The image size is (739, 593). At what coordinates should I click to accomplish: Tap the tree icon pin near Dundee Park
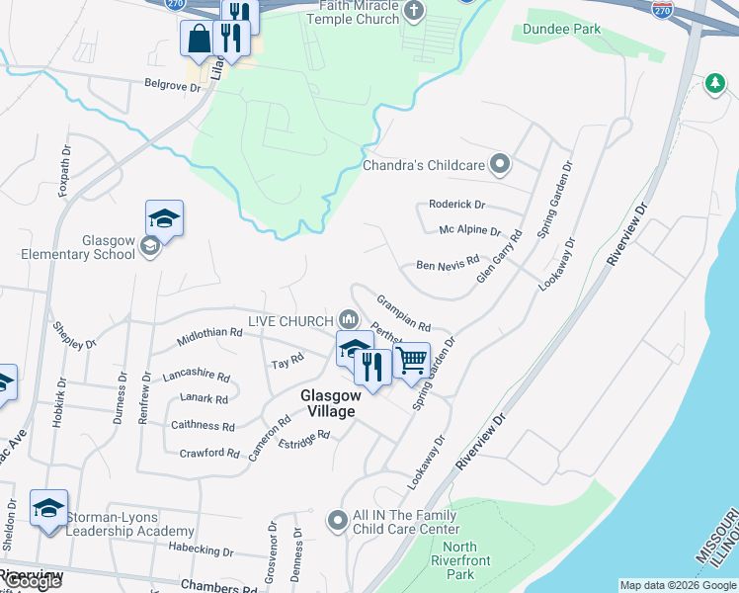pos(714,85)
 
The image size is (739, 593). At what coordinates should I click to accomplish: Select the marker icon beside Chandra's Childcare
pos(500,164)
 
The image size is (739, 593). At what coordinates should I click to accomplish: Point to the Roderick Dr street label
pos(456,205)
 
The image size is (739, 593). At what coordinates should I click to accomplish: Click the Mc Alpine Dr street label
pos(469,230)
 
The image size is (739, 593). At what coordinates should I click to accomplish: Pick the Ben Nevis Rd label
pos(447,266)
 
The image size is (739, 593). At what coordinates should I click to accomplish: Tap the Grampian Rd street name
pos(403,312)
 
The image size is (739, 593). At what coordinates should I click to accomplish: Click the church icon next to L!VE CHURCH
pos(348,319)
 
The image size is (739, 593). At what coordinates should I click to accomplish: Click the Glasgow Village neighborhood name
pos(336,402)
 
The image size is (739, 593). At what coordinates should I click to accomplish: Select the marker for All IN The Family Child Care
pos(338,519)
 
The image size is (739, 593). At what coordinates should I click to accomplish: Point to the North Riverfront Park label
pos(460,560)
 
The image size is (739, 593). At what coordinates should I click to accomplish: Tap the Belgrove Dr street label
pos(172,86)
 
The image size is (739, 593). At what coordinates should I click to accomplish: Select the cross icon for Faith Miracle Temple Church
pos(414,11)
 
